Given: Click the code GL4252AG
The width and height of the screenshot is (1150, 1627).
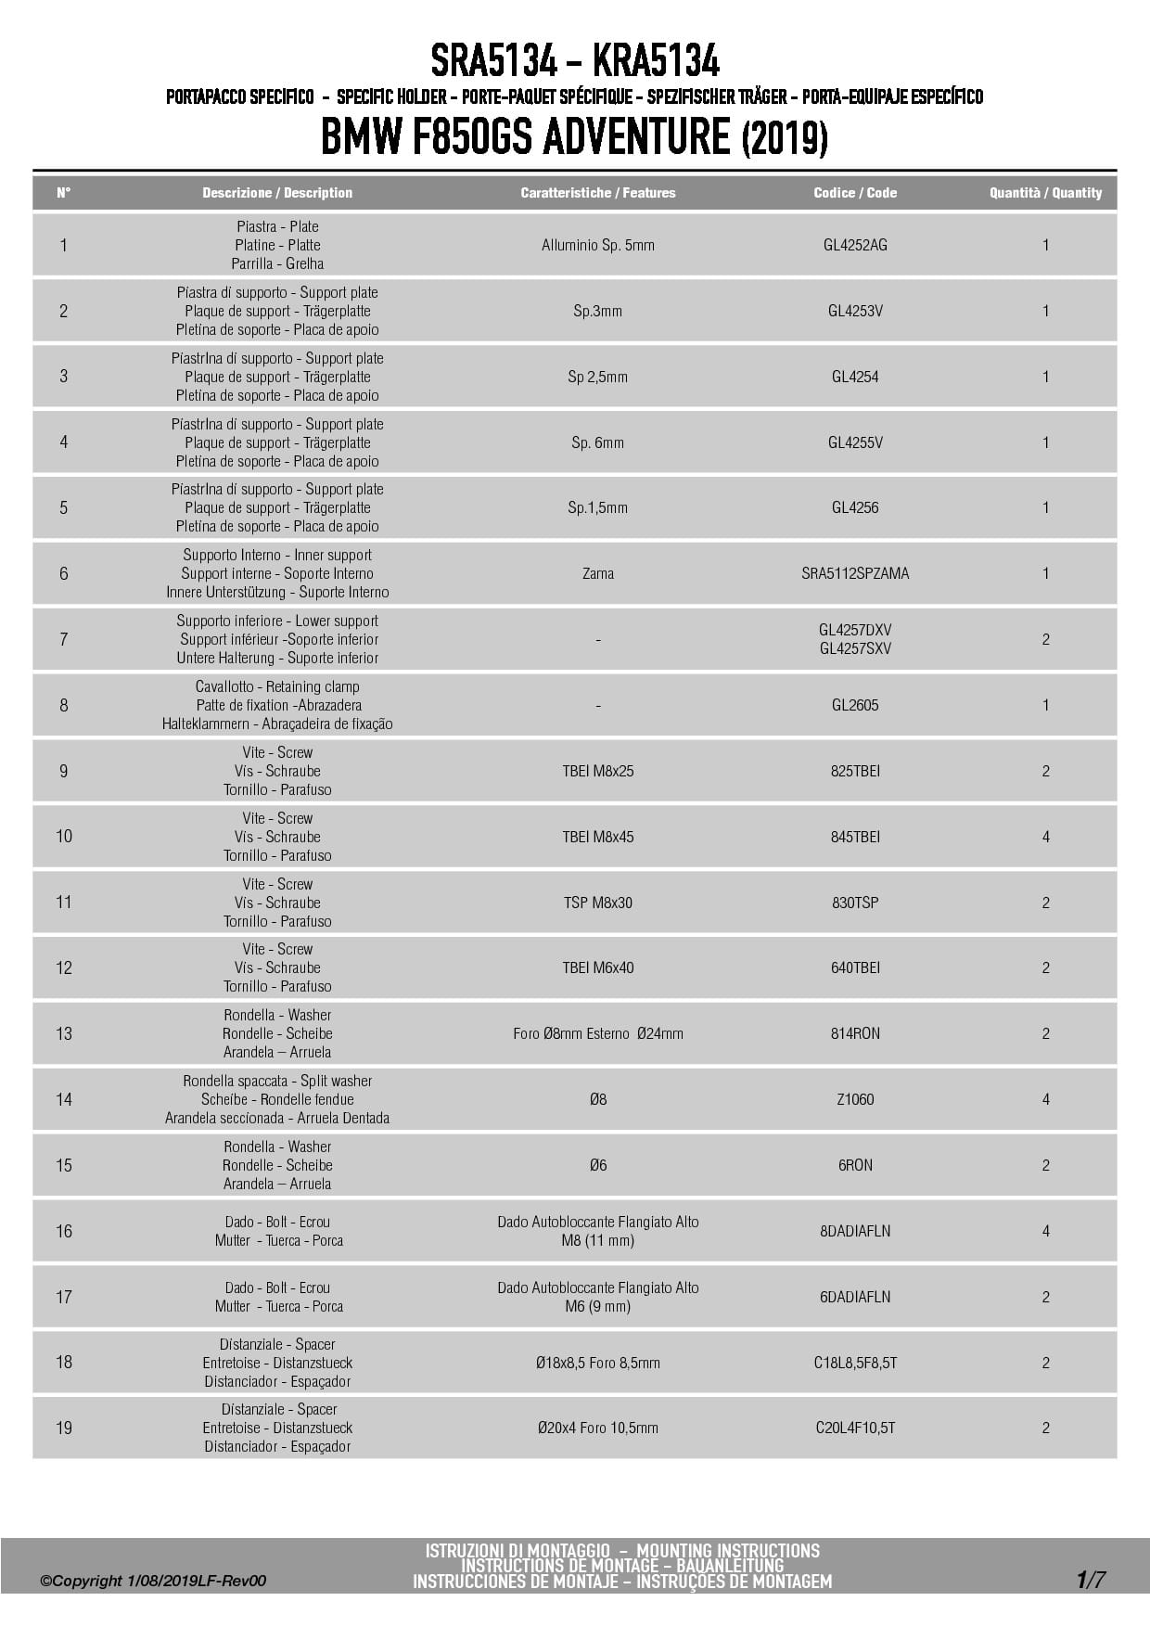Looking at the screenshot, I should (x=855, y=245).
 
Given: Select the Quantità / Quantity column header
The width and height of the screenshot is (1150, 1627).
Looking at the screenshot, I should (x=1045, y=193).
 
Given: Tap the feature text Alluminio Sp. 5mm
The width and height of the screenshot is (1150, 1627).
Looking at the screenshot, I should (x=597, y=245).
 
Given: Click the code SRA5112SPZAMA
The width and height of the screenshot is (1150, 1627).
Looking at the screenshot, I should (x=855, y=573).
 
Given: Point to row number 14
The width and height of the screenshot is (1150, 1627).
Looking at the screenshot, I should (x=63, y=1099).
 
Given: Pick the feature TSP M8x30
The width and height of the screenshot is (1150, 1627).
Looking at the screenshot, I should (x=597, y=903).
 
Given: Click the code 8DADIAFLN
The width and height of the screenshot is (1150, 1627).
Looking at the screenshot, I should (x=855, y=1231).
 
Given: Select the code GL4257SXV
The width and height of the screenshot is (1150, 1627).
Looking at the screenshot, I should (x=855, y=648).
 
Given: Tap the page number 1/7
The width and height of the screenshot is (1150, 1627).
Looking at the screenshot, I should (x=1091, y=1579).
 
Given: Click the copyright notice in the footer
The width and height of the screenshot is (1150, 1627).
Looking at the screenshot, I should (x=153, y=1581).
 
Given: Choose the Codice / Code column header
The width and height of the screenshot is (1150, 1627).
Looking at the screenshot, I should (x=855, y=193).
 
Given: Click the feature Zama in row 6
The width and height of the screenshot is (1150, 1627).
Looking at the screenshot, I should (x=597, y=573).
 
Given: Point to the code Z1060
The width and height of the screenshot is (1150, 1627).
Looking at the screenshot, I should (x=855, y=1099).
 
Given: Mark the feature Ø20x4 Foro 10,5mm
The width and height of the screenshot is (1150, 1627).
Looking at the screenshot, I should (x=597, y=1428).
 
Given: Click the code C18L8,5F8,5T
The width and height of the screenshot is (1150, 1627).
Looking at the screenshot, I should (x=855, y=1363).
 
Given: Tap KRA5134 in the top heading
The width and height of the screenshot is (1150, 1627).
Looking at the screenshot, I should (x=655, y=62).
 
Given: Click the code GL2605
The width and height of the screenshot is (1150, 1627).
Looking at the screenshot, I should (x=855, y=705).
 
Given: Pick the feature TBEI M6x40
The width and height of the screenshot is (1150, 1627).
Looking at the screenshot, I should (x=597, y=967).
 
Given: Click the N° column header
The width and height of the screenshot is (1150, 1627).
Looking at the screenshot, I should (x=63, y=193).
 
